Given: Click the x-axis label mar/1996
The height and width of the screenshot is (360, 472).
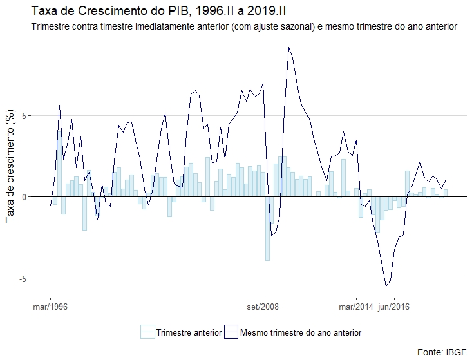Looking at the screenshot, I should [50, 307].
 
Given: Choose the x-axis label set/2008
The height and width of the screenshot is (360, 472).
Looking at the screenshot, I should [262, 307].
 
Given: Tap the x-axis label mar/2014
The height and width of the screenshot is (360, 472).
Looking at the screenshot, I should [355, 307].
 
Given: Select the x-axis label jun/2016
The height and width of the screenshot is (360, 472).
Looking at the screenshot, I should [393, 307].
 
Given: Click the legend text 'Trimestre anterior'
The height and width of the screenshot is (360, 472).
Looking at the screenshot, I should [188, 332].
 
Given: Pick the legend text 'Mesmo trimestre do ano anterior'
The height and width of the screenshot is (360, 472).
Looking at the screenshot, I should [300, 332].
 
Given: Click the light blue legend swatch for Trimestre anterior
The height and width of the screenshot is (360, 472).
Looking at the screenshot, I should [147, 332].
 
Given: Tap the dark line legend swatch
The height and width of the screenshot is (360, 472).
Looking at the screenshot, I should [231, 332].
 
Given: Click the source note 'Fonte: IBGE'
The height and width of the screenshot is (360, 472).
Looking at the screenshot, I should [440, 352].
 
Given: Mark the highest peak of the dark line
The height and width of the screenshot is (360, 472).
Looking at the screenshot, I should [289, 47].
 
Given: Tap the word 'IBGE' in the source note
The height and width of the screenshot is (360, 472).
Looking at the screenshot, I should [453, 352].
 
